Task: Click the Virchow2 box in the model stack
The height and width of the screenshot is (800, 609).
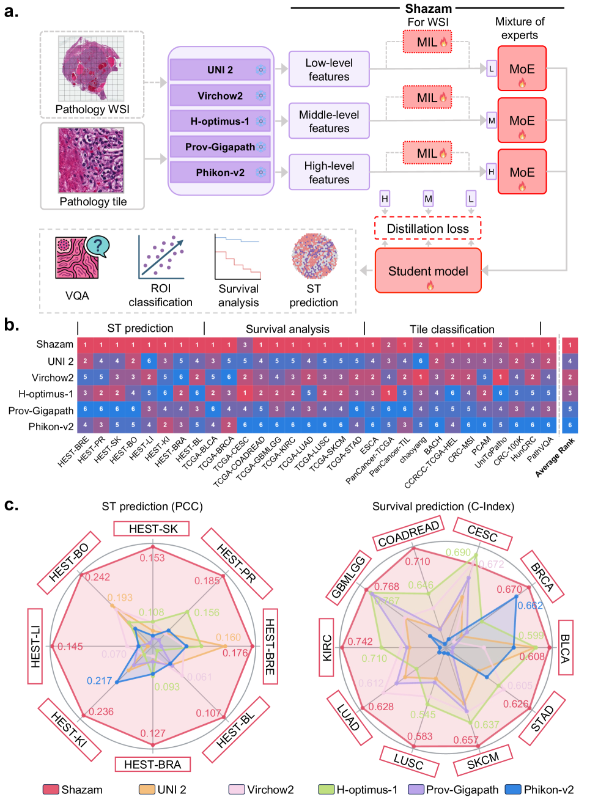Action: pos(220,95)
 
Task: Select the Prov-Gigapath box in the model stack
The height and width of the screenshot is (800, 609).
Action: pos(220,147)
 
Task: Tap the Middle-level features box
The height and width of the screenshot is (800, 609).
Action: pos(329,121)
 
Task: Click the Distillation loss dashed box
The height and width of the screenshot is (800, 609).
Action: pos(427,229)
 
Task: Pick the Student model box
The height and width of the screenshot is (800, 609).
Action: pos(428,271)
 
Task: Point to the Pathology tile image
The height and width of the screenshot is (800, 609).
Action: pos(91,160)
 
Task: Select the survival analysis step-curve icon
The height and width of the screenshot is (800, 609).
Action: pos(238,257)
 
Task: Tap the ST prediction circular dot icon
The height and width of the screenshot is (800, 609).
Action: pos(314,256)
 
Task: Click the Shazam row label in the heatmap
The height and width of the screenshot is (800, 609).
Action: pos(54,345)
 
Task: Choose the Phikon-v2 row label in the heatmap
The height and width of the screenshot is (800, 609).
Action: pos(51,427)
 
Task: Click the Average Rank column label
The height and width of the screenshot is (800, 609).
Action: pos(555,457)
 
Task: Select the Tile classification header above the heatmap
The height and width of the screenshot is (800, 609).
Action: pos(452,329)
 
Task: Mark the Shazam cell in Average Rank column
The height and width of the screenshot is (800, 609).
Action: pos(570,345)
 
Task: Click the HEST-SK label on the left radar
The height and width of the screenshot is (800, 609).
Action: pos(152,529)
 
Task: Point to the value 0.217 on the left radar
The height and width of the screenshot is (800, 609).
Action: pos(99,680)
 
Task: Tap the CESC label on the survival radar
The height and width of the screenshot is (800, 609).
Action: pos(482,534)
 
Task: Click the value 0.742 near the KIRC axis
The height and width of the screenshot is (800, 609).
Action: pos(360,642)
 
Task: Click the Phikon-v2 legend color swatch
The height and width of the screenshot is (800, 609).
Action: pos(513,790)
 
